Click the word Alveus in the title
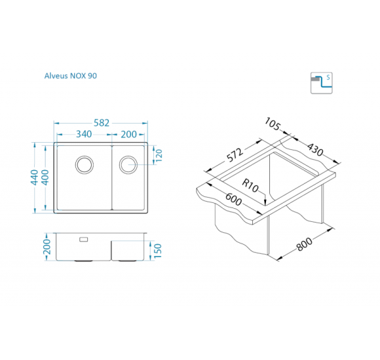[56, 76]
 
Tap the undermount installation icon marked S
[321, 83]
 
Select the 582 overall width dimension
[102, 123]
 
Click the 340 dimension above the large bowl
[84, 134]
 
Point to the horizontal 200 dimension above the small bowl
[128, 134]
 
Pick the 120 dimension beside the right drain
[159, 156]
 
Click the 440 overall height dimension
[35, 177]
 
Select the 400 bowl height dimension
[45, 177]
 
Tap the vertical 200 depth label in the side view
[47, 247]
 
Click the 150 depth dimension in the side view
[157, 251]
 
